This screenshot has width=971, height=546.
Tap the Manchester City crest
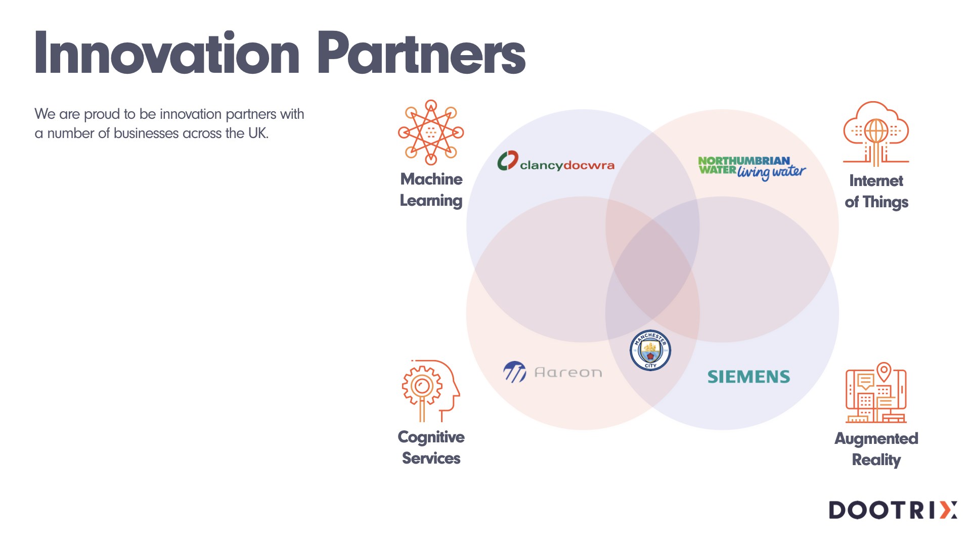tap(650, 350)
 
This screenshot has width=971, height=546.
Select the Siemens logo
tap(748, 377)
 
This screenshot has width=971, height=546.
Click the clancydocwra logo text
tap(567, 165)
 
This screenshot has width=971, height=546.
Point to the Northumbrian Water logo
tap(752, 167)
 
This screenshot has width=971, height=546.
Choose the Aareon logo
tap(553, 372)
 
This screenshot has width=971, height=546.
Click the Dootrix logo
tap(893, 510)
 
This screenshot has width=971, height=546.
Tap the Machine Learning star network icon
tap(431, 132)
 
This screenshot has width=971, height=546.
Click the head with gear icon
tap(430, 390)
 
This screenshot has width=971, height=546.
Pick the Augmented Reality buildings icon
tap(876, 393)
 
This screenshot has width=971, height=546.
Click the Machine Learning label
tap(431, 190)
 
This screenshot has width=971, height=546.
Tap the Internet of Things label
tap(876, 191)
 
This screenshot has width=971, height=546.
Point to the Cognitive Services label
tap(431, 447)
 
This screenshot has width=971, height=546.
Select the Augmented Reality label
tap(876, 449)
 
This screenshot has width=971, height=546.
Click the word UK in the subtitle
tap(257, 133)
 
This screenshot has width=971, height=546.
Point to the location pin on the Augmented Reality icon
tap(884, 371)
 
